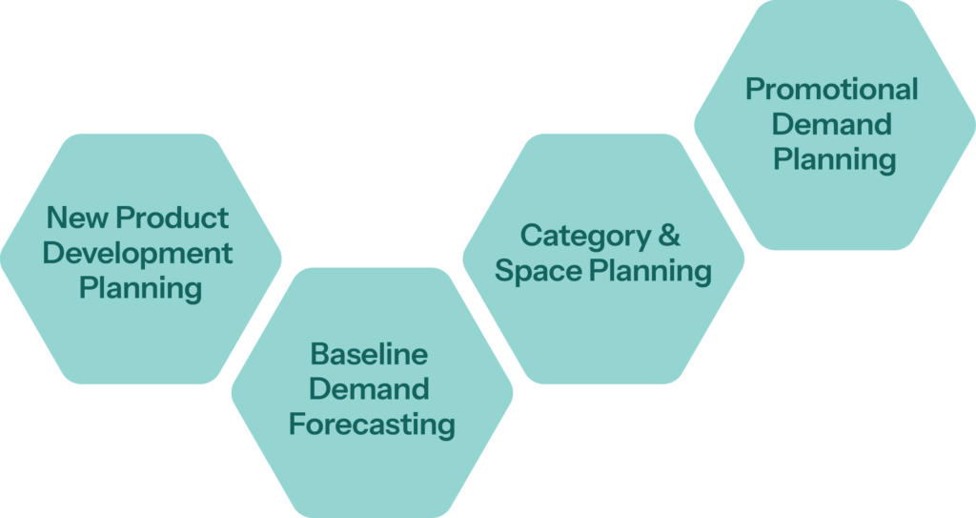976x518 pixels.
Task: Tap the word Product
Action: click(x=173, y=218)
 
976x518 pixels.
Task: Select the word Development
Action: click(x=138, y=253)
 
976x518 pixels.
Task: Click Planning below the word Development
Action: click(x=139, y=287)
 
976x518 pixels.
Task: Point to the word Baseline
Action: click(x=369, y=354)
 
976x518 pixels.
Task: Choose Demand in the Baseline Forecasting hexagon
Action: click(x=369, y=389)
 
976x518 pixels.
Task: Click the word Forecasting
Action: click(x=372, y=424)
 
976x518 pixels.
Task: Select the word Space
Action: click(x=538, y=271)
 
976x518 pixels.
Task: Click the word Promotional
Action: click(x=832, y=90)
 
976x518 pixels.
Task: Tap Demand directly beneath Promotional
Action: click(x=832, y=124)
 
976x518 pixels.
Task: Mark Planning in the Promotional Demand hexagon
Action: click(x=834, y=159)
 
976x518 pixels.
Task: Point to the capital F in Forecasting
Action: click(x=296, y=424)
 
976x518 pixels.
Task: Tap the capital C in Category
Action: click(x=531, y=236)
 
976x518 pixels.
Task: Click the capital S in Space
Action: click(x=504, y=271)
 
